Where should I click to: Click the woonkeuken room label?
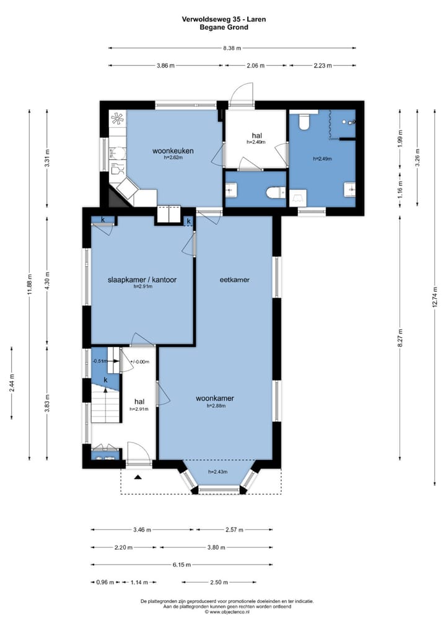click(173, 151)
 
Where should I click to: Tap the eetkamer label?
click(235, 280)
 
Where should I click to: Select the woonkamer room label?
click(215, 399)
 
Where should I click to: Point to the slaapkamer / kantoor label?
click(142, 280)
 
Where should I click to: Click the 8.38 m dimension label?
click(232, 48)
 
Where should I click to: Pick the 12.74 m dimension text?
click(435, 296)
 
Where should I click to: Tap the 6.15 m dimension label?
click(181, 565)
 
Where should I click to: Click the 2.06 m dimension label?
click(255, 66)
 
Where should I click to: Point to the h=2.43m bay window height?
click(217, 472)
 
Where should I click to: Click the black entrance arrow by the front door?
click(138, 477)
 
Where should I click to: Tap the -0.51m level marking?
click(100, 361)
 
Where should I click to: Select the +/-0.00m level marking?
click(139, 362)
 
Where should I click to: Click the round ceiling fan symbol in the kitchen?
click(118, 118)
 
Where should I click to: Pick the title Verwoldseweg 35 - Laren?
click(224, 19)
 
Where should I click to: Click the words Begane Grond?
click(224, 27)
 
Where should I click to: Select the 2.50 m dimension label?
click(219, 582)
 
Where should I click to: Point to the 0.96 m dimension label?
click(105, 582)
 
